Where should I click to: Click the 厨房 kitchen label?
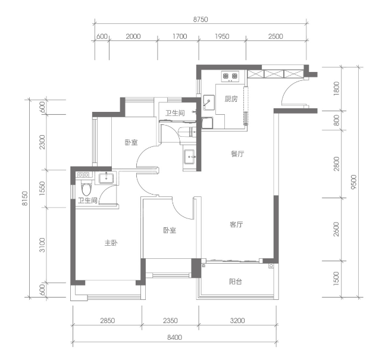click(x=231, y=99)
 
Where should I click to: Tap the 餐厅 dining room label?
click(x=237, y=154)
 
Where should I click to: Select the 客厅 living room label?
click(x=236, y=224)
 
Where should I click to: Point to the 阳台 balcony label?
click(x=236, y=281)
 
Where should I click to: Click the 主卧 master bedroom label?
click(x=111, y=243)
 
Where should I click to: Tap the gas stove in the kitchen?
click(x=230, y=76)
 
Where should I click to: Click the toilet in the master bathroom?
click(x=86, y=189)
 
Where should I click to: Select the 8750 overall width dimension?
click(x=201, y=20)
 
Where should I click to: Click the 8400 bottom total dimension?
click(x=174, y=337)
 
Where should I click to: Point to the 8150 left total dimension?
click(x=25, y=198)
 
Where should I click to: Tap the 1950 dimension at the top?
click(x=222, y=36)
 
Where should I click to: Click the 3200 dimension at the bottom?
click(x=237, y=321)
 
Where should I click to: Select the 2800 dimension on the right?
click(x=336, y=164)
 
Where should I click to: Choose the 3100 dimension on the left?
click(x=42, y=245)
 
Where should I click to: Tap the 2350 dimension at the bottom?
click(x=170, y=321)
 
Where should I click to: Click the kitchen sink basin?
click(x=209, y=102)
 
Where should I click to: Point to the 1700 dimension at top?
click(x=180, y=36)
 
